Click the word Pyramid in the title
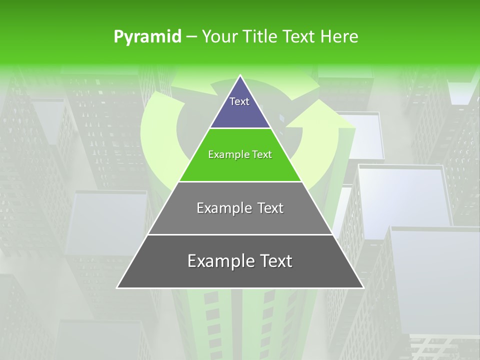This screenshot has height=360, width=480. click(x=147, y=36)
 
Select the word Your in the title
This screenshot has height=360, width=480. click(x=219, y=36)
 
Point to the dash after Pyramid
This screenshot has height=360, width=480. click(x=191, y=36)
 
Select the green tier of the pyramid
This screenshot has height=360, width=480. click(x=240, y=167)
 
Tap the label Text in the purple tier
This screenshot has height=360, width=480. click(x=239, y=101)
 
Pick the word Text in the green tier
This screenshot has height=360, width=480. click(x=262, y=154)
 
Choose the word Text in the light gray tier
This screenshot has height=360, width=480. click(x=270, y=208)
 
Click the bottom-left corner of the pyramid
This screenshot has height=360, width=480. click(x=117, y=287)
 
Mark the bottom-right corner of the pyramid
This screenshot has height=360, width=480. click(x=363, y=287)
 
